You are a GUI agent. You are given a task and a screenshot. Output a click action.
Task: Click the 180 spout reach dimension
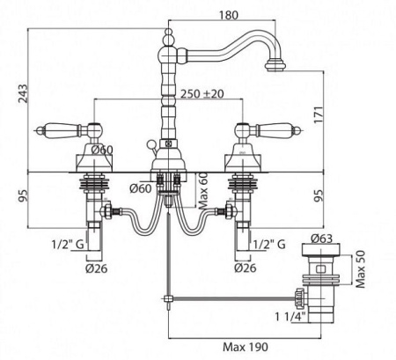pos(229,15)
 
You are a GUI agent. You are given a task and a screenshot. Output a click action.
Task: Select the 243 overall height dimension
pos(23,93)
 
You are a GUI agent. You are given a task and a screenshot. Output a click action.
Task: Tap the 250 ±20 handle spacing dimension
pos(202,94)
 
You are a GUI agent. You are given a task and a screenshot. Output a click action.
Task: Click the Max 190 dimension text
pos(246,347)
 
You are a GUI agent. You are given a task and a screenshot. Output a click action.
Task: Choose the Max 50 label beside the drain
pos(361,268)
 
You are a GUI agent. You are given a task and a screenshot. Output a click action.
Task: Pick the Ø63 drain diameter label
pos(321,239)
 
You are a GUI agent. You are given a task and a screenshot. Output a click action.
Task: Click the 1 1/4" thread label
pos(290,317)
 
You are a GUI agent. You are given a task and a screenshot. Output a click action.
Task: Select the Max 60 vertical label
pos(203,191)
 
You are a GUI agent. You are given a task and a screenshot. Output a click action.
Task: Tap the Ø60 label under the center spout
pos(141,188)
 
